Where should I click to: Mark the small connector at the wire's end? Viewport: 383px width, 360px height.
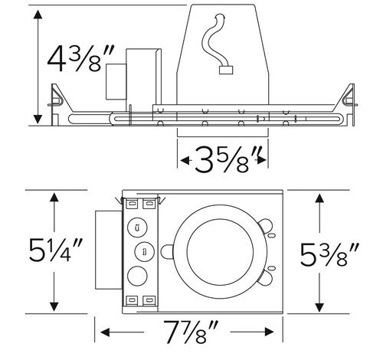225,71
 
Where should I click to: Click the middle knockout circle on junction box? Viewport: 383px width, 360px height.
142,251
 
